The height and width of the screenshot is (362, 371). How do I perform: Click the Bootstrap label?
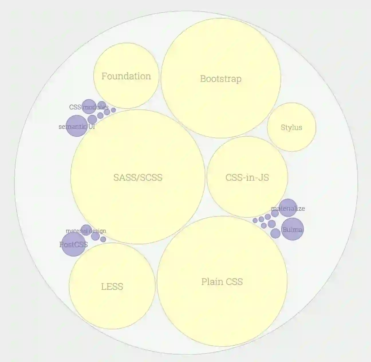click(x=221, y=79)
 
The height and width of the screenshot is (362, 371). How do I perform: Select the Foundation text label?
click(x=126, y=76)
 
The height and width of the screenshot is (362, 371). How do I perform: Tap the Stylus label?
click(x=291, y=127)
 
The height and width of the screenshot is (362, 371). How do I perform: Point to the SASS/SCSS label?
click(x=138, y=178)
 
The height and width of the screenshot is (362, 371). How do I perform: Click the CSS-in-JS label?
click(x=247, y=178)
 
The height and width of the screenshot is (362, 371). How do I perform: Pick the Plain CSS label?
click(x=222, y=282)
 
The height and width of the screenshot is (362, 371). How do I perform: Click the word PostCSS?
click(x=73, y=245)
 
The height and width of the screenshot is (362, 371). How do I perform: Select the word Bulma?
click(x=292, y=230)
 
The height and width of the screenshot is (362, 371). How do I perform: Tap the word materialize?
click(x=288, y=208)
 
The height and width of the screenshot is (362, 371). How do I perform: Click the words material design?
click(x=86, y=231)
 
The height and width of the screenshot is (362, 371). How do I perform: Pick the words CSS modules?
click(x=89, y=107)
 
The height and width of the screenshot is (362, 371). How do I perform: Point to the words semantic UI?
click(x=77, y=127)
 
